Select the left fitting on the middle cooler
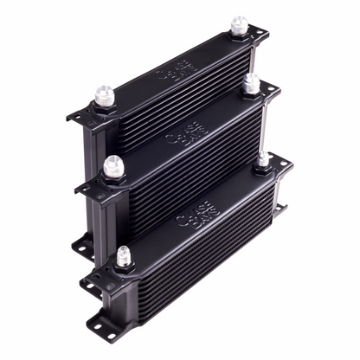click(x=112, y=167)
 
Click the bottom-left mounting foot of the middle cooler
click(x=83, y=247)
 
